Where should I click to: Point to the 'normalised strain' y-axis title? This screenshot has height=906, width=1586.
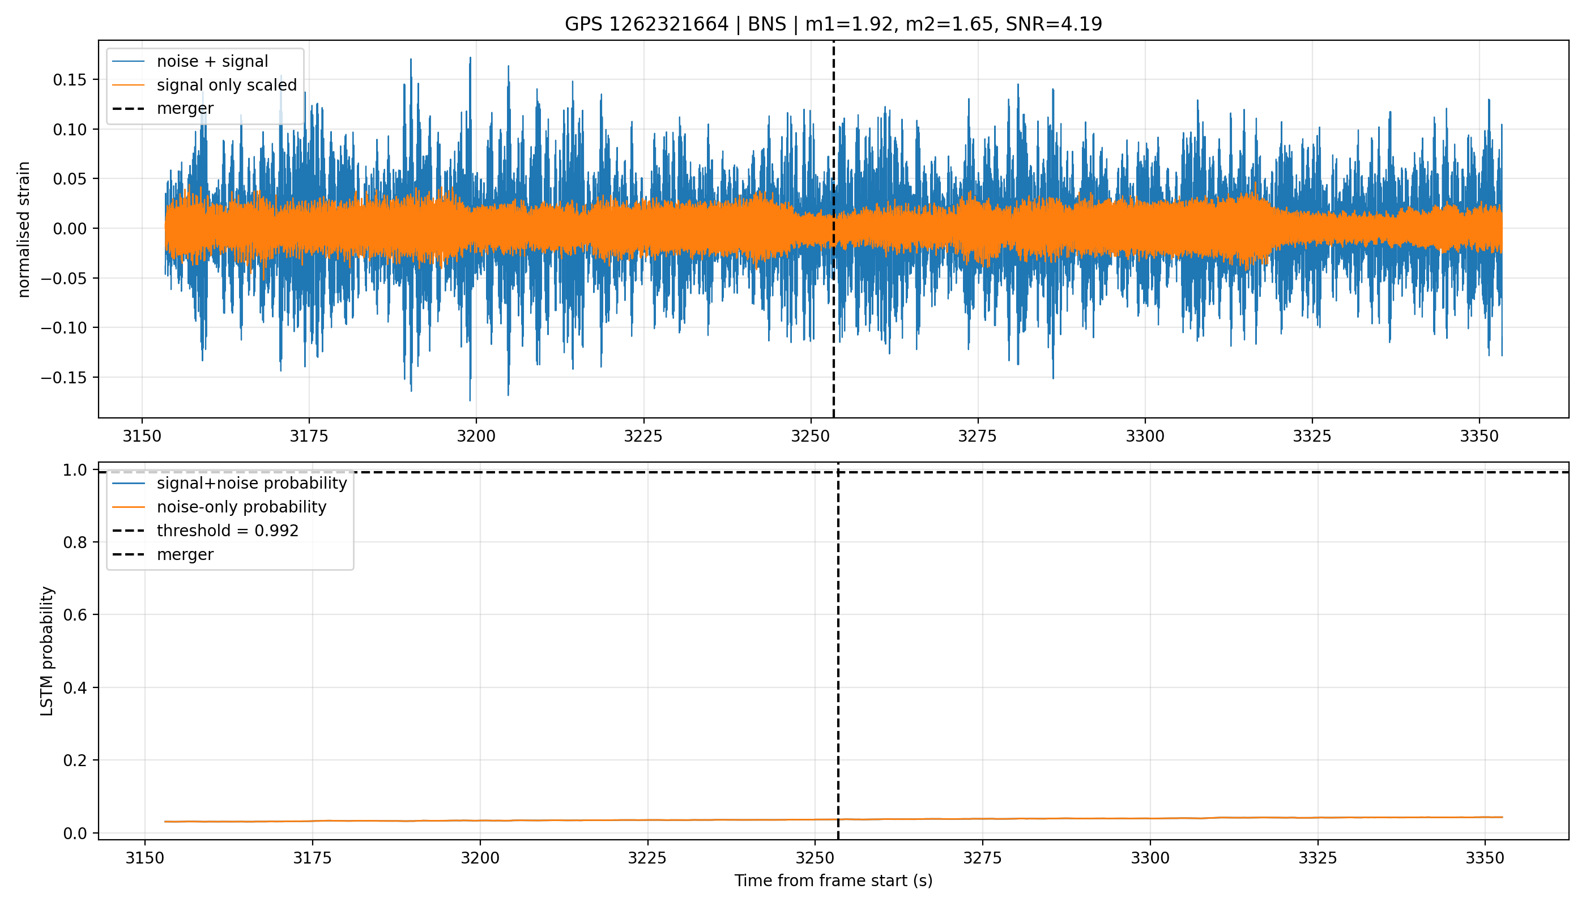pyautogui.click(x=24, y=229)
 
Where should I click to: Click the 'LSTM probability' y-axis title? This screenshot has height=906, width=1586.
pyautogui.click(x=48, y=651)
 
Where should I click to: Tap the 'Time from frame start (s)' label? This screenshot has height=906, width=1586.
pyautogui.click(x=833, y=881)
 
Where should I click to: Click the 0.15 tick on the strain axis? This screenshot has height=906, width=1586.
pyautogui.click(x=70, y=80)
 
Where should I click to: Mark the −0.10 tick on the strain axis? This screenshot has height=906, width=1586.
pyautogui.click(x=64, y=328)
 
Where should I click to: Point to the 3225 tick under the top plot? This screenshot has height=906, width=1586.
pyautogui.click(x=643, y=436)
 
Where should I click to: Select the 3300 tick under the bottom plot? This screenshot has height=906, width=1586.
pyautogui.click(x=1150, y=858)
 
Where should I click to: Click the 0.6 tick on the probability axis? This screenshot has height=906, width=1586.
pyautogui.click(x=75, y=615)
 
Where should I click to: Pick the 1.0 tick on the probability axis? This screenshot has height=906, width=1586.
pyautogui.click(x=75, y=470)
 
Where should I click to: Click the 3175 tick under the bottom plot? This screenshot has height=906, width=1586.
pyautogui.click(x=313, y=858)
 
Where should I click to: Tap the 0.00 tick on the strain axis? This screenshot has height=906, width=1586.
pyautogui.click(x=70, y=228)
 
